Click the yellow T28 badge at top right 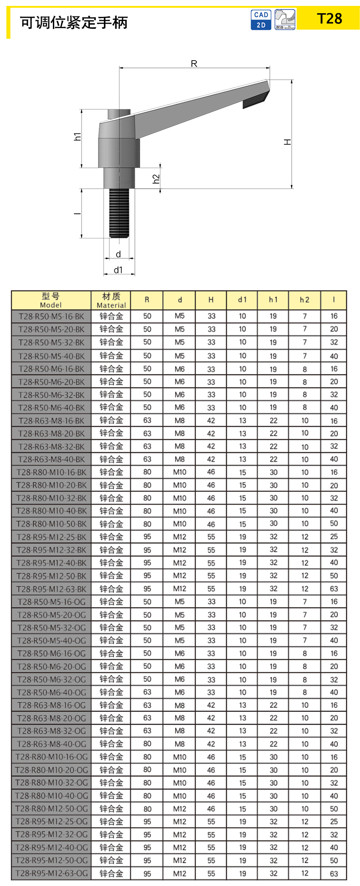pos(329,19)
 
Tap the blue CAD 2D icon pos(261,20)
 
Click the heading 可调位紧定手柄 pos(74,22)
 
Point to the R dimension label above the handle pos(194,63)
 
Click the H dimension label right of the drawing pos(288,142)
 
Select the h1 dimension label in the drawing pos(78,136)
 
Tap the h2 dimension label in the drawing pos(156,179)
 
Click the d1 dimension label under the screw pos(118,270)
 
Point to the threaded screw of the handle pos(119,213)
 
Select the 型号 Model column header pos(51,300)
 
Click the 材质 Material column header pos(111,300)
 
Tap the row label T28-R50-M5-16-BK pos(51,316)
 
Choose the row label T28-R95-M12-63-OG pos(51,873)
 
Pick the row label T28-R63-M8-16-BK pos(51,421)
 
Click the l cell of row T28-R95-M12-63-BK pos(334,589)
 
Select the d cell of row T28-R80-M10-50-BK pos(180,524)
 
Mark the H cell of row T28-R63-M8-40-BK pos(211,459)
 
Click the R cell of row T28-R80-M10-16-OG pos(147,757)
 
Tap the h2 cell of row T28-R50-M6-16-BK pos(304,369)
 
